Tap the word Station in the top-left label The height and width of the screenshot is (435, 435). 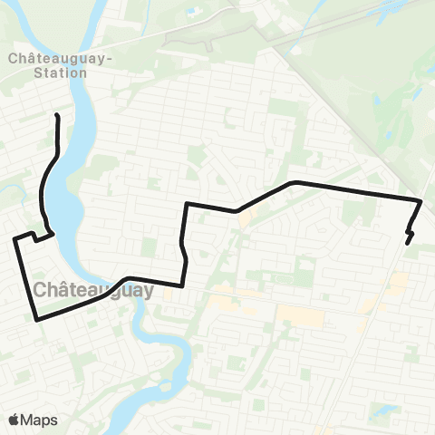[60, 72]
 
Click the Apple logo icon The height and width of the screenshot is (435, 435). [14, 420]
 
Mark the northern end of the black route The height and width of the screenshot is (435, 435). [58, 115]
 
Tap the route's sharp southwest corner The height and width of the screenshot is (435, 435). [36, 319]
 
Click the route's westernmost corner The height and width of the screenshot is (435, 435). [14, 239]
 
